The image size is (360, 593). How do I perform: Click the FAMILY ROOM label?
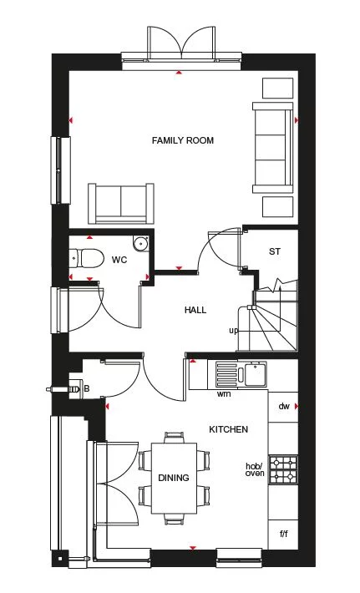point(182,140)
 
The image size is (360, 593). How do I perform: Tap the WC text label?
point(119,261)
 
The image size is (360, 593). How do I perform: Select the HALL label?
point(195,311)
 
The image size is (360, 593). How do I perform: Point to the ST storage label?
point(274,251)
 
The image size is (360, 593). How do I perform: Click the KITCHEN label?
point(228,429)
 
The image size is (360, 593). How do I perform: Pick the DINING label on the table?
point(174,478)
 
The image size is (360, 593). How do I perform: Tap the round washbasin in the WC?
point(140,244)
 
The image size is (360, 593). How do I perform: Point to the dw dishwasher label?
point(283,407)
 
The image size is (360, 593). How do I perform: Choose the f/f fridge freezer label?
point(282,532)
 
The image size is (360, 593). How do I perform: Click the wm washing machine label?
point(224,393)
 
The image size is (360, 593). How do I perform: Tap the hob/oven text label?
point(254,469)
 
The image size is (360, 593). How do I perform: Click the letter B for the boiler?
point(86,388)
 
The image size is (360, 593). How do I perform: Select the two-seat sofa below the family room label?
point(121,202)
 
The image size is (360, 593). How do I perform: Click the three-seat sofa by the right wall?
point(274,146)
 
